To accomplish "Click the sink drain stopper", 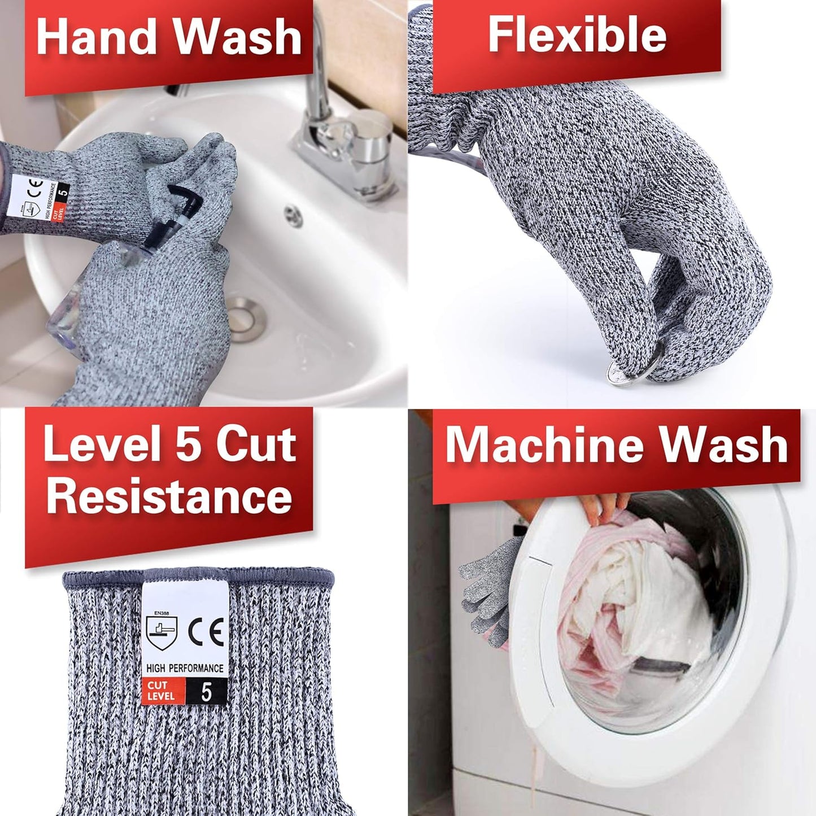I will tap(247, 311).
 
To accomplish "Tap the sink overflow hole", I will tap(292, 215).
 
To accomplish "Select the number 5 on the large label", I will tap(206, 692).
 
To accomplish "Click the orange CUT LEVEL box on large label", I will tap(163, 691).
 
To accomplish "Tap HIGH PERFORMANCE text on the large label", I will tap(185, 668).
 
